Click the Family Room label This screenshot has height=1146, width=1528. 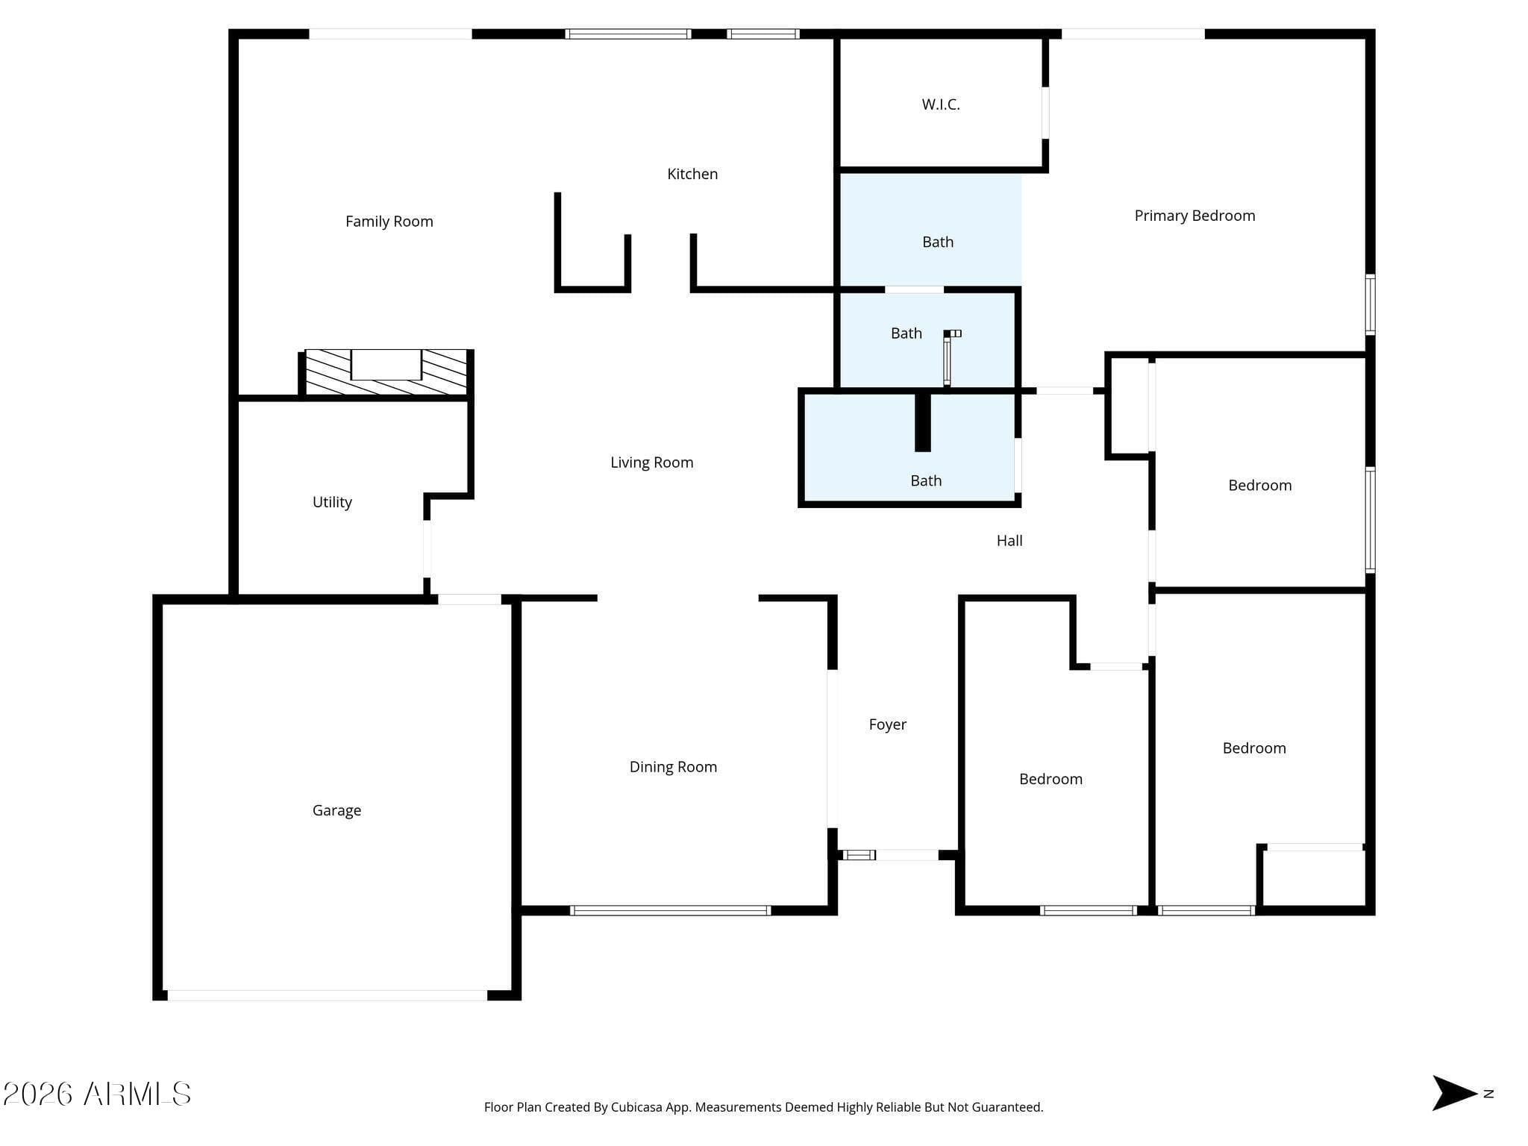pos(389,222)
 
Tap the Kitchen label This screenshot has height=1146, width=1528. pos(692,174)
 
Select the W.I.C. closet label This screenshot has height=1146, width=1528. pos(941,104)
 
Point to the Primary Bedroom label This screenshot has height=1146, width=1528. pos(1194,216)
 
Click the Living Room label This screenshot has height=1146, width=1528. pos(651,463)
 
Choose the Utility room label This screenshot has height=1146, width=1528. pos(332,502)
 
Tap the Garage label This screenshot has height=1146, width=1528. pos(336,810)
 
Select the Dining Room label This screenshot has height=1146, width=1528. pos(673,767)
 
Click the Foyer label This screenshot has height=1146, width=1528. pos(887,724)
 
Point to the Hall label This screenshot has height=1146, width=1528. pos(1009,541)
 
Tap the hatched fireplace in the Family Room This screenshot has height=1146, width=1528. pos(386,372)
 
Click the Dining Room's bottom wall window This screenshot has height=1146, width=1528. pos(670,910)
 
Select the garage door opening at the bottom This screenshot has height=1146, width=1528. pos(327,995)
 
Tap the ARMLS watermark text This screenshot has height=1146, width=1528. pos(97,1095)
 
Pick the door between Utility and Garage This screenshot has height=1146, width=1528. pos(469,599)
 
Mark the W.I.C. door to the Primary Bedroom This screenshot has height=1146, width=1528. pos(1045,113)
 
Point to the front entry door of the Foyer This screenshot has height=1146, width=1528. pos(907,855)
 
